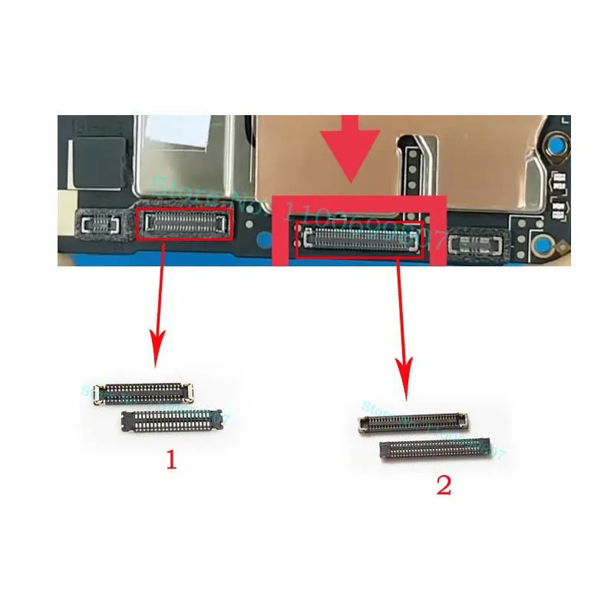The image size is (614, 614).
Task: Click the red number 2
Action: (444, 487)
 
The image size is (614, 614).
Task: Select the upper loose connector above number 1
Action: (143, 392)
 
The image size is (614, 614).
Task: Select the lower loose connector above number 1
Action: (172, 420)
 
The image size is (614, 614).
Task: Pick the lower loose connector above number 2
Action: (435, 449)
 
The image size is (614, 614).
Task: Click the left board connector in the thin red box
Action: (184, 223)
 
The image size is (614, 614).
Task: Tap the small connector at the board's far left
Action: (99, 223)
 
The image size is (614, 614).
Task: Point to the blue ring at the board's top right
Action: (559, 144)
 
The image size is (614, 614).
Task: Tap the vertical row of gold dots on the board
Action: (415, 164)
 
